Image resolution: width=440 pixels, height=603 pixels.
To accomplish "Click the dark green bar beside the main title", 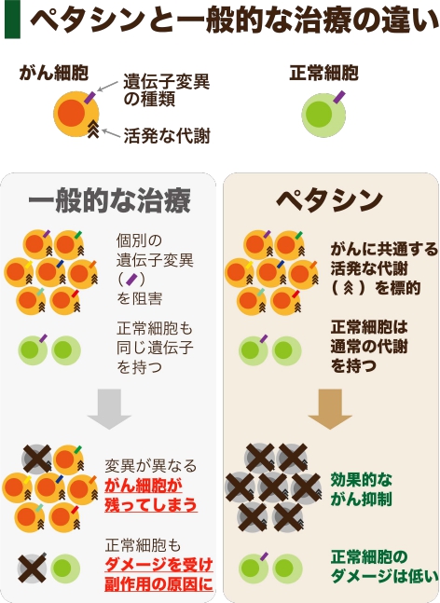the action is (12, 20).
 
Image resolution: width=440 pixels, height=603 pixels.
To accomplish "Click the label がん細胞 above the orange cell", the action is (54, 73).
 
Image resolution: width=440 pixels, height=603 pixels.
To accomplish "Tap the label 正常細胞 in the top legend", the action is (323, 73).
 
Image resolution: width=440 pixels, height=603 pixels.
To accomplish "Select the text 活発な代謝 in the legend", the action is (167, 136).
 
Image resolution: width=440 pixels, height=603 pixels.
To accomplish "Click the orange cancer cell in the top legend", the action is (76, 114).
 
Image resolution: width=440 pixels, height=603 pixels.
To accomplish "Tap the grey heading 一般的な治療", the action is (110, 200).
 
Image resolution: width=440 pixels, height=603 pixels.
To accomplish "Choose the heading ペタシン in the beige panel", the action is (330, 200).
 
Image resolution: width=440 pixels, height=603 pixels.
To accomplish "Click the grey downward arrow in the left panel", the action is (110, 409).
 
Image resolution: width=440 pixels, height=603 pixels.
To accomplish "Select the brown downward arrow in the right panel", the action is (330, 409).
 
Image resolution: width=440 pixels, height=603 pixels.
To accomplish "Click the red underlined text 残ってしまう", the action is (151, 505).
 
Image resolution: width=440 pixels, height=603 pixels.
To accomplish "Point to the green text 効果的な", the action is (362, 480).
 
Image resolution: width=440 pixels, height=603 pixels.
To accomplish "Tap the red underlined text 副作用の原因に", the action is (158, 584).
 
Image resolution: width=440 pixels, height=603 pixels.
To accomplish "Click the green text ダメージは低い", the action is (384, 576).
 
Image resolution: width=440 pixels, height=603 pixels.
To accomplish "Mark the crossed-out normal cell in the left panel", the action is (33, 569).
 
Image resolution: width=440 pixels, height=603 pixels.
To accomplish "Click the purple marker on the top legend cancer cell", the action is (91, 97).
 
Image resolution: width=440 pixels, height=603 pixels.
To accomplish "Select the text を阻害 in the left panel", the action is (139, 299).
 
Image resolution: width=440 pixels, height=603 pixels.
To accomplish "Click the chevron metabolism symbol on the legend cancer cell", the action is (93, 129).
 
